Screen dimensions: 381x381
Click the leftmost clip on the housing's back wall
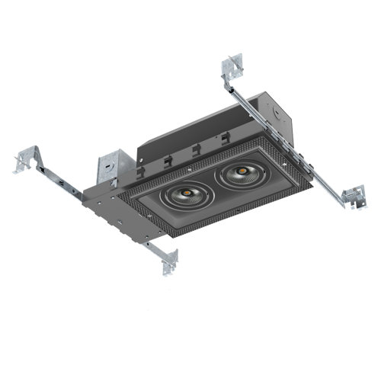(x=165, y=161)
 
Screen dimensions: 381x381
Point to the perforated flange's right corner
(x=311, y=184)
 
